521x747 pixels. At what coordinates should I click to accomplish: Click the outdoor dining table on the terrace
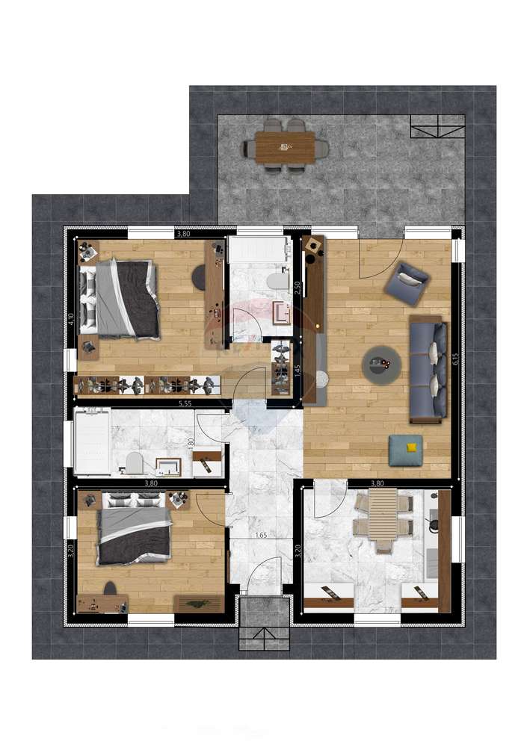(x=285, y=147)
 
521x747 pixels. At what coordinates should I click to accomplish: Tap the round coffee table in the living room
(x=381, y=365)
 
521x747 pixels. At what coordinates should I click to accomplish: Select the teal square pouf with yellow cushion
(x=406, y=450)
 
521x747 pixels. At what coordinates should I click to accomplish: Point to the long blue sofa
(x=428, y=368)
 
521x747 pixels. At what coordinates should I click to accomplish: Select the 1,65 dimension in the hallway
(x=262, y=535)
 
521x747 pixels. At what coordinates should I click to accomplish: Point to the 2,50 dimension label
(x=297, y=288)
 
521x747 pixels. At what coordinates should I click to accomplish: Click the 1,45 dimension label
(x=297, y=370)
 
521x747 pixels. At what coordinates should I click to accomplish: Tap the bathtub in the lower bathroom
(x=92, y=445)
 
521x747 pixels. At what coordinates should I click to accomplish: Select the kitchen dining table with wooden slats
(x=383, y=516)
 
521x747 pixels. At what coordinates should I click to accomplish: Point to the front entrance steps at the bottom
(x=264, y=622)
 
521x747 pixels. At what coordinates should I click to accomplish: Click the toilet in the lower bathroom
(x=135, y=464)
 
